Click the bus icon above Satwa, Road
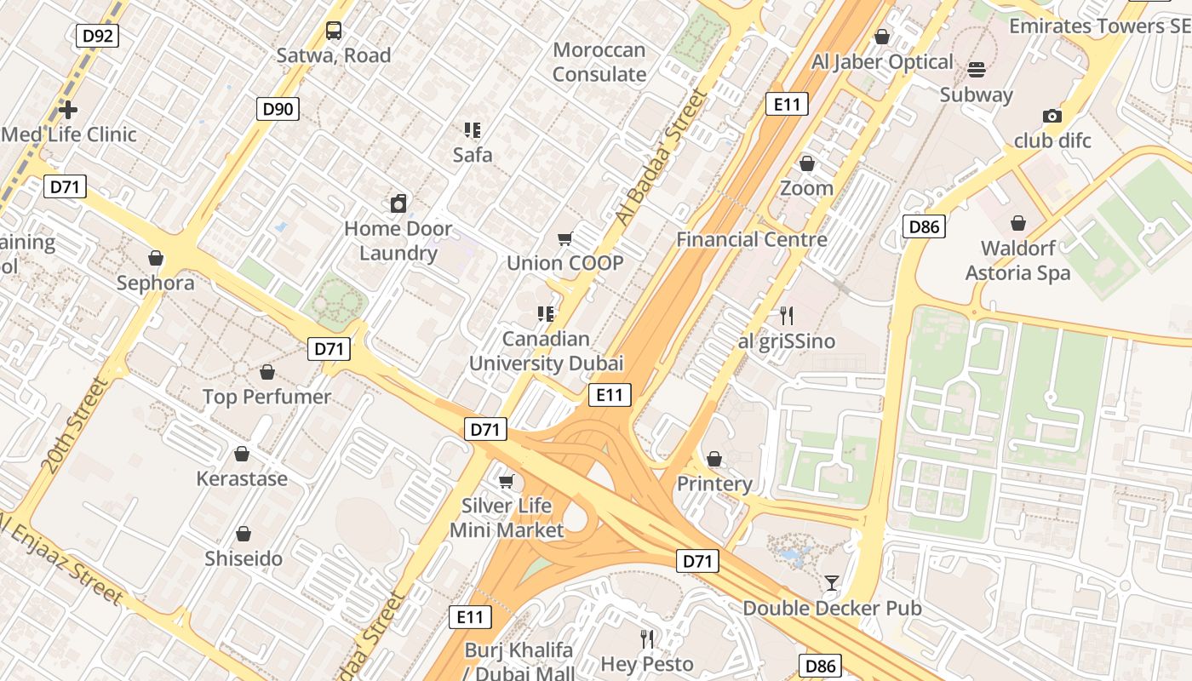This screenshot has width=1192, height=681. pos(334,31)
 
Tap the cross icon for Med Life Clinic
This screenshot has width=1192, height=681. pos(68,110)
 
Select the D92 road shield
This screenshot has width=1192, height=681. pos(98,36)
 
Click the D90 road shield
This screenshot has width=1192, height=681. pos(278,108)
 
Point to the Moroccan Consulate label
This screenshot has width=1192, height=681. pos(599,62)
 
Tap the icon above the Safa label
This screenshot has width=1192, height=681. pos(473,130)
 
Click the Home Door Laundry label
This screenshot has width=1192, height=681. pos(398,241)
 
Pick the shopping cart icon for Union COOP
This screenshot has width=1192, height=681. pos(564,239)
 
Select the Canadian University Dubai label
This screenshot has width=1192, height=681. pos(547,351)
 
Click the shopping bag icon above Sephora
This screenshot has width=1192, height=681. pos(156,257)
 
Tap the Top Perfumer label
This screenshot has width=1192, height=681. pos(266,397)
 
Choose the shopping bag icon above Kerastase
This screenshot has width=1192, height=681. pos(242,454)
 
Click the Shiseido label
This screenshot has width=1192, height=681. pos(244,559)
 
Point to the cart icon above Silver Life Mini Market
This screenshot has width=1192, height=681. pos(507,482)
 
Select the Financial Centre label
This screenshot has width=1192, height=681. pos(752,239)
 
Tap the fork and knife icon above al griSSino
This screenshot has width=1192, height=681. pos(787,316)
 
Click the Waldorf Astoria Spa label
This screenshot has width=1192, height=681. pos(1018,260)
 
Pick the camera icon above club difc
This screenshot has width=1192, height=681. pos(1052,116)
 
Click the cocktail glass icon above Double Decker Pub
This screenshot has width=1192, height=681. pos(832,583)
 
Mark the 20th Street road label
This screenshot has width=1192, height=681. pos(76,426)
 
